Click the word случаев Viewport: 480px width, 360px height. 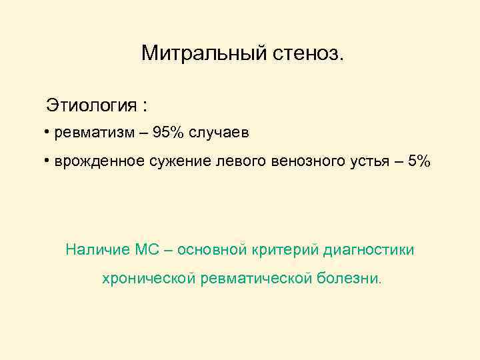(x=219, y=133)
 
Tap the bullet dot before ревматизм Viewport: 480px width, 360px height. (x=48, y=133)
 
